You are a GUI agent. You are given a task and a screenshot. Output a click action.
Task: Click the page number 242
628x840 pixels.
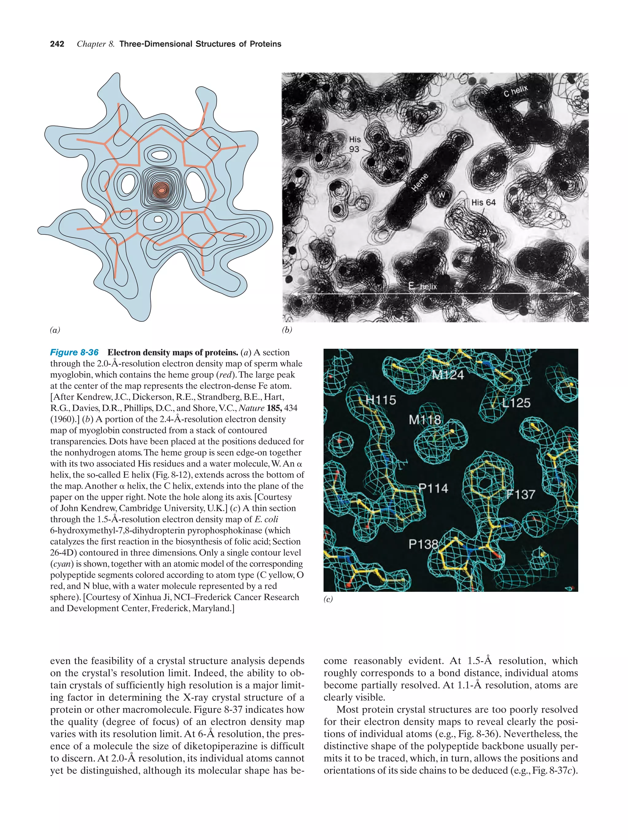57,44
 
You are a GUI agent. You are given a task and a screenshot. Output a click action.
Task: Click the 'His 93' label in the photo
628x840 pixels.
354,144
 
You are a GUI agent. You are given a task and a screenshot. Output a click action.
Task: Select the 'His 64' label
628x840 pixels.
483,202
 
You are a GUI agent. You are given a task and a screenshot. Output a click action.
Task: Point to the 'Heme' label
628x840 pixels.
420,182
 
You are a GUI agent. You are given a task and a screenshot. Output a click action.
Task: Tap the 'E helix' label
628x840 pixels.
423,286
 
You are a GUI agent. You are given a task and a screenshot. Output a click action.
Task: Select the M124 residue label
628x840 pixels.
448,375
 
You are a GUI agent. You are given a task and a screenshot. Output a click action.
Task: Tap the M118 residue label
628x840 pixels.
424,420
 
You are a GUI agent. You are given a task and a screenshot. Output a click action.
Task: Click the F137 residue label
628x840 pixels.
521,494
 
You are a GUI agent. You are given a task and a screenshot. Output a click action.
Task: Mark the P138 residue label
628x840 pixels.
423,544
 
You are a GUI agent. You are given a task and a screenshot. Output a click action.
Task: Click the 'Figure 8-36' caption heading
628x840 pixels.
74,352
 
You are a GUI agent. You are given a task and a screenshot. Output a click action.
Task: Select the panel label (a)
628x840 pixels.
55,330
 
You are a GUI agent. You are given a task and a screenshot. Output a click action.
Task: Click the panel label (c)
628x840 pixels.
328,599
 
